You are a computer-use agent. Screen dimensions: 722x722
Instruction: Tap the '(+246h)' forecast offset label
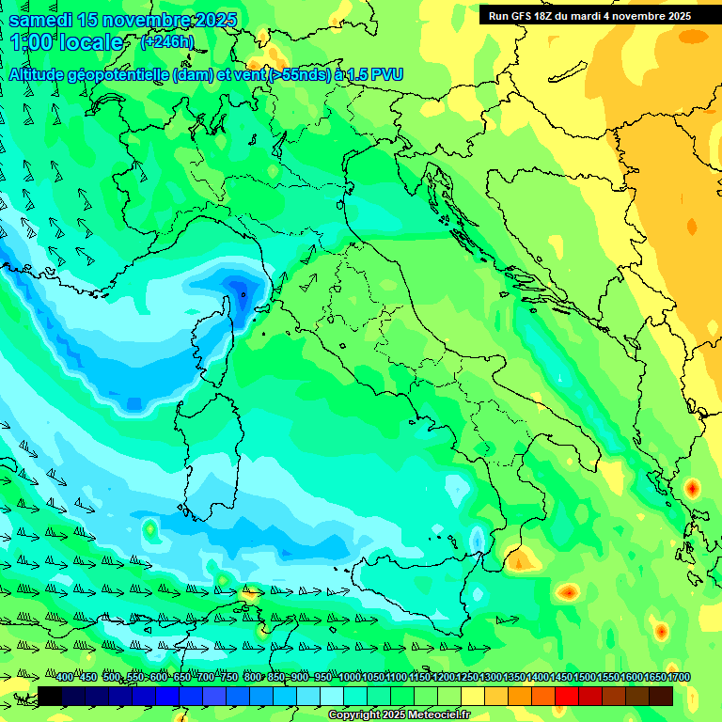pyautogui.click(x=166, y=41)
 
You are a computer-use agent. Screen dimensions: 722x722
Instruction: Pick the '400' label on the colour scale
pyautogui.click(x=65, y=678)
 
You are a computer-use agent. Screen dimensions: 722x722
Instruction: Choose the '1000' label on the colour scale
pyautogui.click(x=349, y=678)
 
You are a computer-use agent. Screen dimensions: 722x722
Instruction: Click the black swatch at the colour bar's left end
pyautogui.click(x=50, y=696)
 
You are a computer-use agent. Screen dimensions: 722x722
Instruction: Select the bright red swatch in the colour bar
pyautogui.click(x=567, y=696)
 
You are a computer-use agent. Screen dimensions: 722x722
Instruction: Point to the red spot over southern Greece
pyautogui.click(x=693, y=488)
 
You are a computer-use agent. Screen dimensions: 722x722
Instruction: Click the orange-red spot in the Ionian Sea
pyautogui.click(x=567, y=592)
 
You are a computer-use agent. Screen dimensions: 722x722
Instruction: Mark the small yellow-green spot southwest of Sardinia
pyautogui.click(x=149, y=530)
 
